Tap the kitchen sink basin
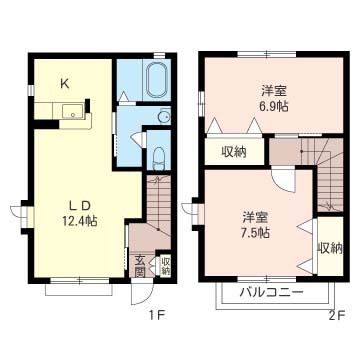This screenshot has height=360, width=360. click(x=73, y=111)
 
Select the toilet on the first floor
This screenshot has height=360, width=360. click(x=158, y=158)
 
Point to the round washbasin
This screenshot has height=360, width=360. click(x=164, y=116)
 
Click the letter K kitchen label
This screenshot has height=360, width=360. click(x=65, y=84)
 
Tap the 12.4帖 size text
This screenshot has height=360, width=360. click(x=80, y=221)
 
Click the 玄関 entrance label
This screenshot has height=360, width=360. click(x=140, y=266)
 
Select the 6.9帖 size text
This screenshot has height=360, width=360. click(x=274, y=107)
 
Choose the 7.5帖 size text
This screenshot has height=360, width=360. click(x=256, y=232)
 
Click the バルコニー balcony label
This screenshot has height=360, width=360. click(x=272, y=293)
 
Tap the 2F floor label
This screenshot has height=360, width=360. click(x=336, y=315)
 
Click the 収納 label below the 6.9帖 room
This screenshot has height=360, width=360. click(x=234, y=152)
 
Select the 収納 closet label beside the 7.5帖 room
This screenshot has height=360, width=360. click(x=330, y=247)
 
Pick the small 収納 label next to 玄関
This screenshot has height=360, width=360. click(x=165, y=266)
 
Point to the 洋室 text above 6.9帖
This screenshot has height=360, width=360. click(x=274, y=90)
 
